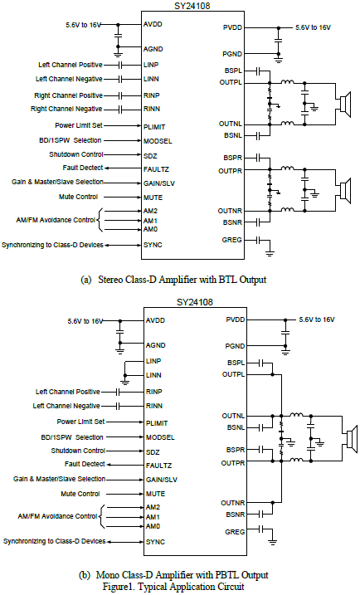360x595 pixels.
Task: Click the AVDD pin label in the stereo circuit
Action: [x=153, y=24]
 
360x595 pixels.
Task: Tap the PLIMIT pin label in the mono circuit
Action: [x=157, y=423]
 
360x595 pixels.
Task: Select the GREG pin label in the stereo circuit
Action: [x=231, y=240]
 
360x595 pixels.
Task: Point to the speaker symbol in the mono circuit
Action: [x=352, y=439]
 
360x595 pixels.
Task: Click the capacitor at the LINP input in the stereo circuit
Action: [x=120, y=65]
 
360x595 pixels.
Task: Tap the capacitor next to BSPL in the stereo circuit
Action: [x=258, y=71]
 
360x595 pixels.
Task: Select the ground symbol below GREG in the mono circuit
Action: [x=272, y=542]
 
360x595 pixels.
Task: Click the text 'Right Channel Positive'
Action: [x=68, y=95]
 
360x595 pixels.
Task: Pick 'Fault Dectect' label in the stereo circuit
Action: [x=83, y=168]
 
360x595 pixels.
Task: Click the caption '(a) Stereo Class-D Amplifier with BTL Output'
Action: [x=173, y=280]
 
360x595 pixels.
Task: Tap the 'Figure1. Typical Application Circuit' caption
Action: [x=173, y=586]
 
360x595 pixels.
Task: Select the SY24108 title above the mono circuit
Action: [x=195, y=302]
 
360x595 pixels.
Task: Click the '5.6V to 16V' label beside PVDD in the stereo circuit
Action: [x=313, y=27]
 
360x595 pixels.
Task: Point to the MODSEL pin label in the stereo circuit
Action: [x=158, y=141]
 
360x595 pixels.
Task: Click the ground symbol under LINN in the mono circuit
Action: [x=125, y=382]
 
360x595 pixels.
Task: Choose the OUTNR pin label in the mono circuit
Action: [x=233, y=503]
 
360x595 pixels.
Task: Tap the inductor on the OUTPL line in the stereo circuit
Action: [x=287, y=81]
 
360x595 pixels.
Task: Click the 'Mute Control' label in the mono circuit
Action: [x=80, y=494]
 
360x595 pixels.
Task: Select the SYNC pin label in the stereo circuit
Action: [x=153, y=245]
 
